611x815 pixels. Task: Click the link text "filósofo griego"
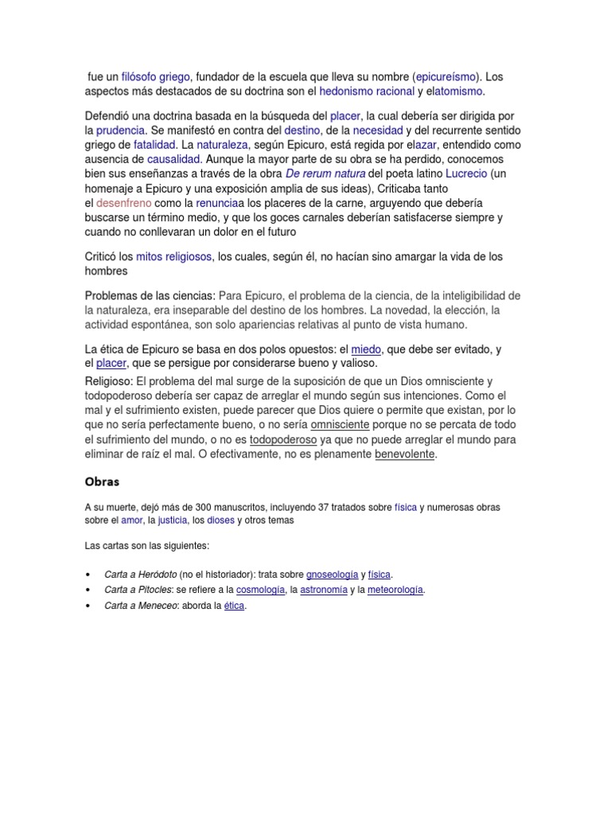pyautogui.click(x=155, y=77)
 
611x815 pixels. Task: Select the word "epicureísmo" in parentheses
pyautogui.click(x=446, y=77)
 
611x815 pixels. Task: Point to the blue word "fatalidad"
pyautogui.click(x=154, y=145)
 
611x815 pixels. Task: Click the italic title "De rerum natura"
pyautogui.click(x=325, y=174)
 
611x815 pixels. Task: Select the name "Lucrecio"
pyautogui.click(x=466, y=174)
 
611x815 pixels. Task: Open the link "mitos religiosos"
pyautogui.click(x=174, y=257)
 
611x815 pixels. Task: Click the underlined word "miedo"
pyautogui.click(x=366, y=349)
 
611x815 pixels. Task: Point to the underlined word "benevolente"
pyautogui.click(x=405, y=454)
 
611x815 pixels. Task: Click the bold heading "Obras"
pyautogui.click(x=102, y=482)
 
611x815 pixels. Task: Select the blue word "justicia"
pyautogui.click(x=172, y=521)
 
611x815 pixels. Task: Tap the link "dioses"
pyautogui.click(x=220, y=521)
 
